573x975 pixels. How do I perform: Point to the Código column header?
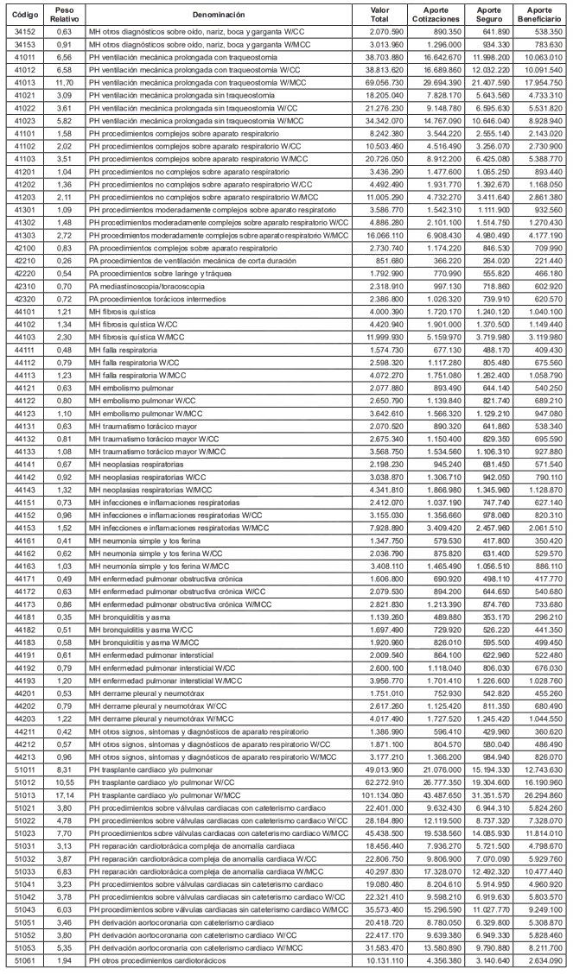[x=21, y=15]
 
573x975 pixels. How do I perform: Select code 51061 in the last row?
[x=21, y=960]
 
